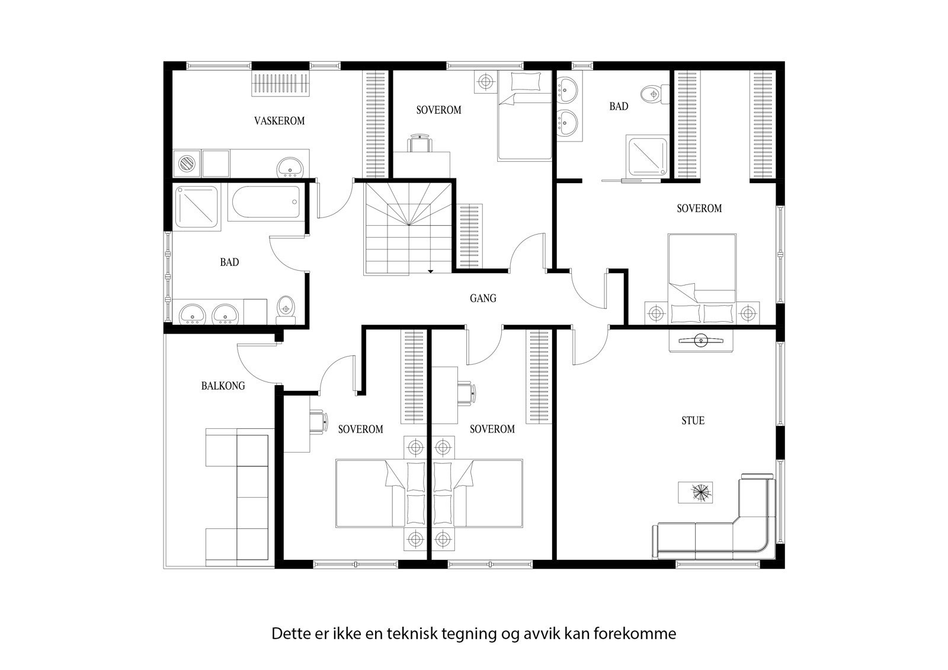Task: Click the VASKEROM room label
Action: [279, 121]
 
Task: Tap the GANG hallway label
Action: [483, 299]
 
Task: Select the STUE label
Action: [693, 421]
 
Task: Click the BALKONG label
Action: [223, 386]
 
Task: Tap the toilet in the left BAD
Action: [286, 310]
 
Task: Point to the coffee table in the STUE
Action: [696, 492]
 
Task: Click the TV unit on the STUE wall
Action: [701, 341]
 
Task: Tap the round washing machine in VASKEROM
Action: [187, 163]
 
